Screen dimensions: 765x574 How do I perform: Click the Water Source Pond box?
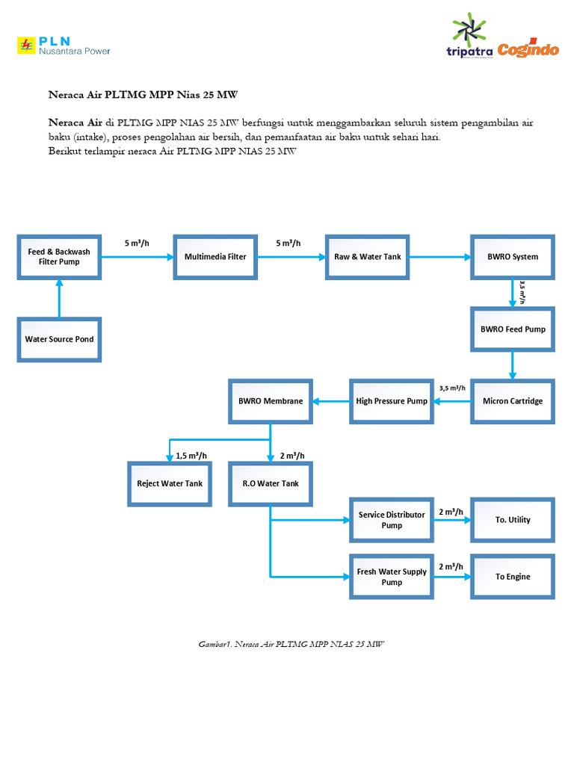(59, 339)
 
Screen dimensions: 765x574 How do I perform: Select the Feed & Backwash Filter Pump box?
(59, 256)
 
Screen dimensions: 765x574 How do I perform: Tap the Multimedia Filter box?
(215, 256)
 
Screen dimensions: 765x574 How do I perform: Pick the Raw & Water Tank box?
(367, 256)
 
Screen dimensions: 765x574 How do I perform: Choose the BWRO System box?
(512, 256)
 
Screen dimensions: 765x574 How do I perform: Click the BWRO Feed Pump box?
(512, 329)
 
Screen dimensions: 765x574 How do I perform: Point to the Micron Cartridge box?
(512, 401)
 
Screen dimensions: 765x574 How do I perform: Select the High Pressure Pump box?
(392, 401)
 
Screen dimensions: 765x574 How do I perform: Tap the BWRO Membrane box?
(271, 401)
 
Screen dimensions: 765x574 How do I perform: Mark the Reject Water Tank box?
(170, 483)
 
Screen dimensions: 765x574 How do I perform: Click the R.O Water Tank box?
(271, 483)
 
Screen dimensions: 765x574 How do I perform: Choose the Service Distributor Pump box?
(392, 520)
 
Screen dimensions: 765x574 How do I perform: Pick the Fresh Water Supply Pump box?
(392, 577)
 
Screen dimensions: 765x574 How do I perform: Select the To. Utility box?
(512, 520)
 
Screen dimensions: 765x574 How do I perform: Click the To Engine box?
(512, 577)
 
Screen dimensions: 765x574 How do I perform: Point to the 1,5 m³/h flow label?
(191, 456)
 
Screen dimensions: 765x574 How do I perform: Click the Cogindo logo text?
(528, 50)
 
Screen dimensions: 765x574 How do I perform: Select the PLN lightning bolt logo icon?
(27, 46)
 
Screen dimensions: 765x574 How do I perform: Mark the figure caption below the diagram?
(291, 643)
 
